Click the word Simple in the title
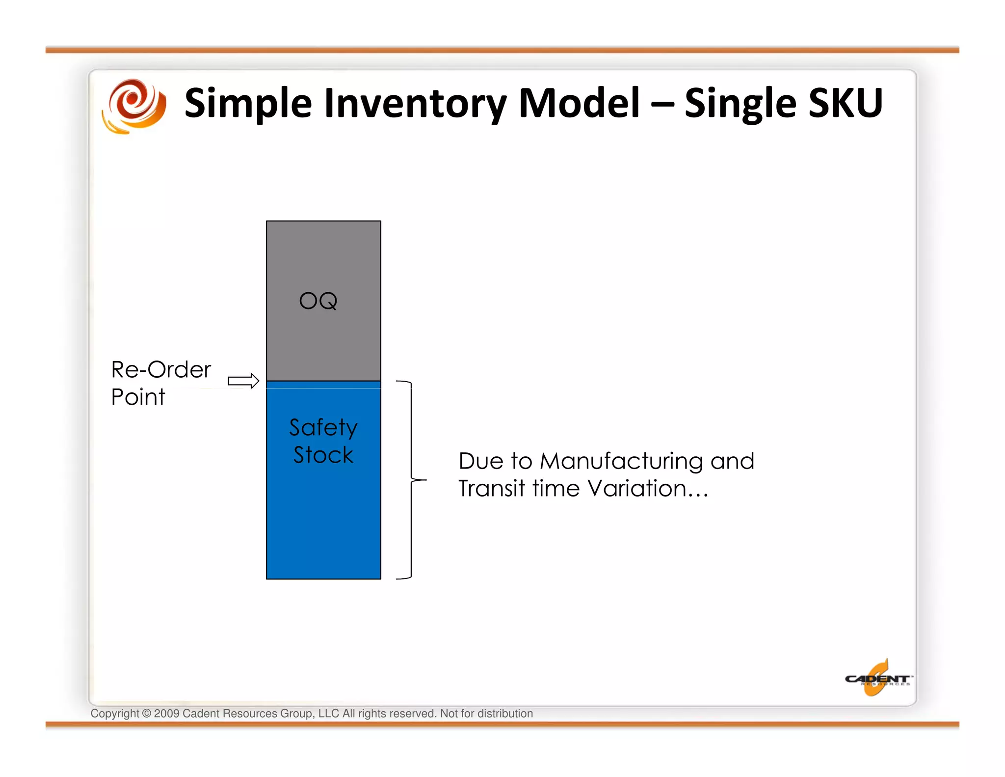coord(248,104)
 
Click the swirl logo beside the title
coord(134,106)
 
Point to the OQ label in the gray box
coord(318,301)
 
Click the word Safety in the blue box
coord(323,427)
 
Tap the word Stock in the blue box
coord(323,455)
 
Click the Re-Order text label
coord(161,369)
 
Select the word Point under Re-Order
coord(138,397)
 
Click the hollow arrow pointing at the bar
coord(243,381)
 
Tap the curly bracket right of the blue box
coord(411,479)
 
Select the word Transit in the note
coord(492,489)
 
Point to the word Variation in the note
coord(637,489)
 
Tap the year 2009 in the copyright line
coord(166,714)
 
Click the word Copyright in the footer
coord(115,714)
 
